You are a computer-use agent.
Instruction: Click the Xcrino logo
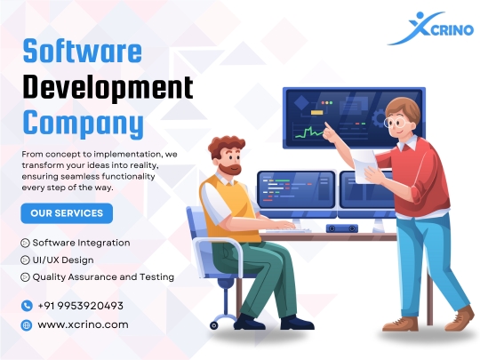tap(431, 28)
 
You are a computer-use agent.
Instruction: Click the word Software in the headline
tap(83, 51)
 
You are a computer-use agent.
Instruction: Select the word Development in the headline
tap(108, 87)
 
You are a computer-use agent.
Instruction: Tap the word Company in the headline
tap(84, 124)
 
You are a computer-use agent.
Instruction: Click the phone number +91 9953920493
tap(81, 306)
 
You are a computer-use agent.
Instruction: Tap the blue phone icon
tap(27, 306)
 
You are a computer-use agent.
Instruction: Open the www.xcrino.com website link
tap(83, 324)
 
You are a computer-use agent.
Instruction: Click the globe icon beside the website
tap(27, 324)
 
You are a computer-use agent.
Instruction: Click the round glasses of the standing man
tap(395, 123)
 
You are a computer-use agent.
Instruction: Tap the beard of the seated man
tap(230, 169)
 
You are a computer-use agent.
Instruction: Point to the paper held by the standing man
tap(365, 166)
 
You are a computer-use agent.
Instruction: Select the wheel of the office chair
tap(214, 325)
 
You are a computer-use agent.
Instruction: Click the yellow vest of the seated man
tap(229, 210)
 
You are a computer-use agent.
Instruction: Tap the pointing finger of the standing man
tap(327, 126)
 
